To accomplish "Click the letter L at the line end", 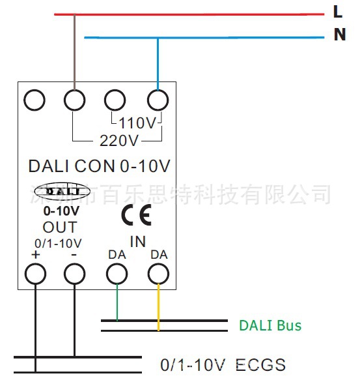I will [337, 12].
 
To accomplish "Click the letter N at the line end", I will [339, 35].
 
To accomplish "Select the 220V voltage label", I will [118, 140].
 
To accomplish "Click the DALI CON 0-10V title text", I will [99, 166].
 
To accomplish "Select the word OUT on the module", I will [60, 227].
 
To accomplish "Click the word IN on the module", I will [137, 242].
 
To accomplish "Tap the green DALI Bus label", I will [270, 325].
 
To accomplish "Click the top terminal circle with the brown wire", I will [74, 100].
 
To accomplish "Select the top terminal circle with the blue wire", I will [158, 100].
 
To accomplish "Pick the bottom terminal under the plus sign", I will [35, 274].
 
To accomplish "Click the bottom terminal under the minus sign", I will [74, 274].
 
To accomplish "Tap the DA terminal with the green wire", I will [117, 274].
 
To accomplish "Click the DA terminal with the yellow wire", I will [158, 274].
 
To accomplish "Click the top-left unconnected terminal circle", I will [35, 100].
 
